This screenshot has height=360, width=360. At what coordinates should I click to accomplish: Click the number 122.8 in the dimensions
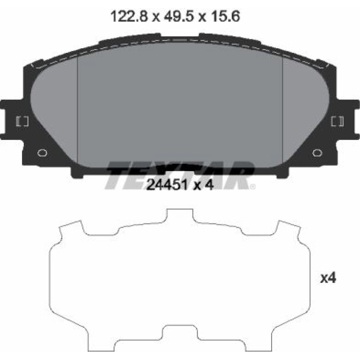pos(129,16)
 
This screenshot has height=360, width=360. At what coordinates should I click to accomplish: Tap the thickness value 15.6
pos(225,16)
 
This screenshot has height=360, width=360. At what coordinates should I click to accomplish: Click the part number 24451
pos(167,184)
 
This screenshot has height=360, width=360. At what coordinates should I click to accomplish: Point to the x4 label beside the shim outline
pos(328,278)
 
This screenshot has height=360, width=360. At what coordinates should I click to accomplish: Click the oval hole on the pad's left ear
pos(42,153)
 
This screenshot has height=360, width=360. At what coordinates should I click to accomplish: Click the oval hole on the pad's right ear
pos(317,153)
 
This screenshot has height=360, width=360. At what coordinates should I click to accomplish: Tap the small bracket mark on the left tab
pos(22,122)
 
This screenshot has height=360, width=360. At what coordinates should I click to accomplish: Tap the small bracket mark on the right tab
pos(337,121)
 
